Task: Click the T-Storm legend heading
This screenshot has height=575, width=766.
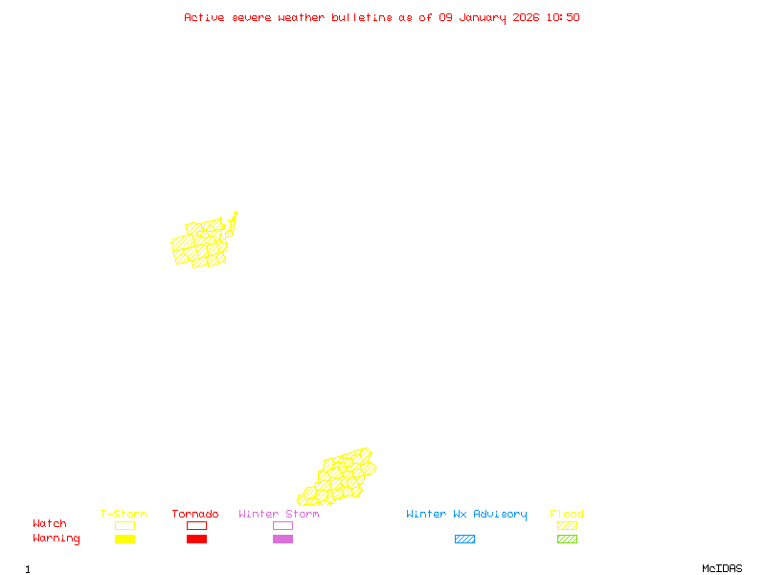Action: point(124,515)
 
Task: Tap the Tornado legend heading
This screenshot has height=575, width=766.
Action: point(195,515)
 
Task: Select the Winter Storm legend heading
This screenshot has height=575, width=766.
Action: point(279,515)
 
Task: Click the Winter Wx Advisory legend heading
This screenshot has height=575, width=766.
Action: point(466,515)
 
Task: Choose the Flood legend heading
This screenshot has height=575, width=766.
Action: point(567,515)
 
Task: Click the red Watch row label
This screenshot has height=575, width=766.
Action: point(50,524)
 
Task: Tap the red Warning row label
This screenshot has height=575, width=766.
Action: point(56,539)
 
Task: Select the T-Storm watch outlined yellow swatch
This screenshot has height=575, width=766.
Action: point(124,525)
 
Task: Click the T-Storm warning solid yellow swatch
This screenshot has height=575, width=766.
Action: point(124,540)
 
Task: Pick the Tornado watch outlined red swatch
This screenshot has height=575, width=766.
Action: point(196,525)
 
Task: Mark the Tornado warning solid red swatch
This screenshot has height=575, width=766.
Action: point(196,540)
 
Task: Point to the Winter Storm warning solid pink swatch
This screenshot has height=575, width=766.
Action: point(282,540)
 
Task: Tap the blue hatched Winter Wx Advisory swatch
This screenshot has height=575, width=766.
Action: point(464,540)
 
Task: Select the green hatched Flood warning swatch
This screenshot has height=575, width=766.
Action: point(567,540)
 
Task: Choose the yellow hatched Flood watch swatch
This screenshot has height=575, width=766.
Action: point(567,525)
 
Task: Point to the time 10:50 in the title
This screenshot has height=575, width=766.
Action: point(562,17)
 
